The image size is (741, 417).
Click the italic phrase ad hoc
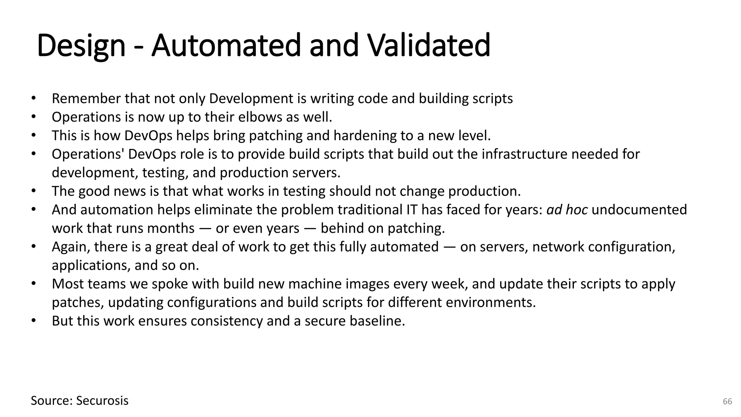567,210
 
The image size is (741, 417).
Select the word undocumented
639,210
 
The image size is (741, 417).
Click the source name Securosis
102,401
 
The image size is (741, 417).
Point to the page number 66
727,401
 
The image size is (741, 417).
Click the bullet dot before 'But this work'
34,320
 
